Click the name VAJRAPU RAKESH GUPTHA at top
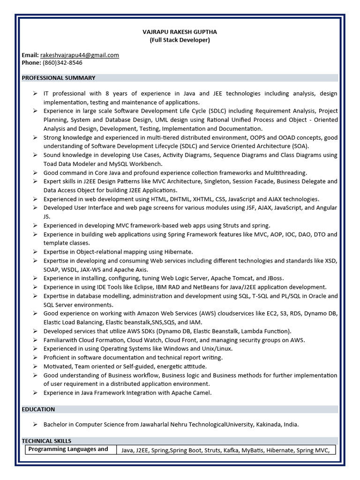coord(180,32)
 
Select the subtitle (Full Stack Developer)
coord(180,40)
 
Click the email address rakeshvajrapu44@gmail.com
coord(80,55)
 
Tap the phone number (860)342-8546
coord(62,63)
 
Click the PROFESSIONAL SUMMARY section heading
coord(59,78)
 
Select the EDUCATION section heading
coord(38,409)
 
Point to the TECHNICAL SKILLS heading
coord(46,441)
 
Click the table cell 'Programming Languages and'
coord(68,449)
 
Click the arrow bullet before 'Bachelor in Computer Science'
coord(35,425)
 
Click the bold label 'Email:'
coord(30,55)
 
